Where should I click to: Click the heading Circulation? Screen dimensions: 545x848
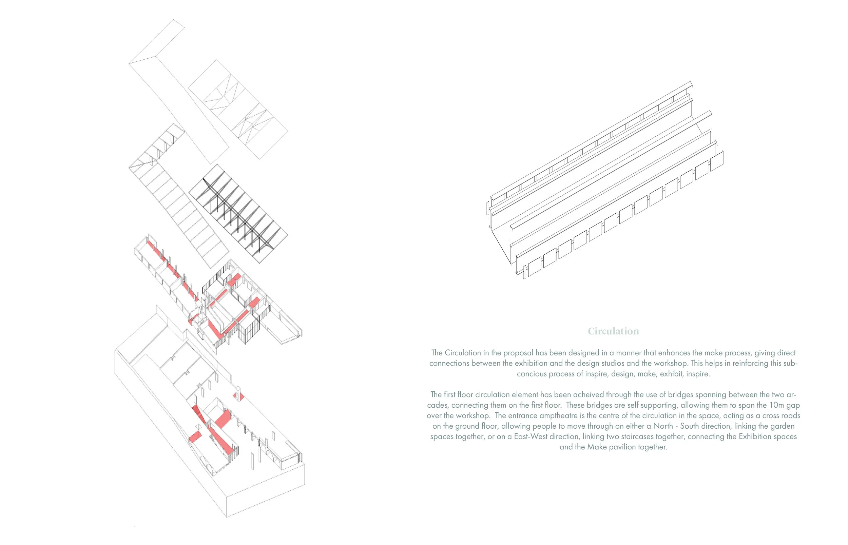click(x=613, y=331)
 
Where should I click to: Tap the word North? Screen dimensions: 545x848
click(x=663, y=426)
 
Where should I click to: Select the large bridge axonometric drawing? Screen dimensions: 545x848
click(x=605, y=180)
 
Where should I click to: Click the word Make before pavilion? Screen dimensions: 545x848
click(x=595, y=447)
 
